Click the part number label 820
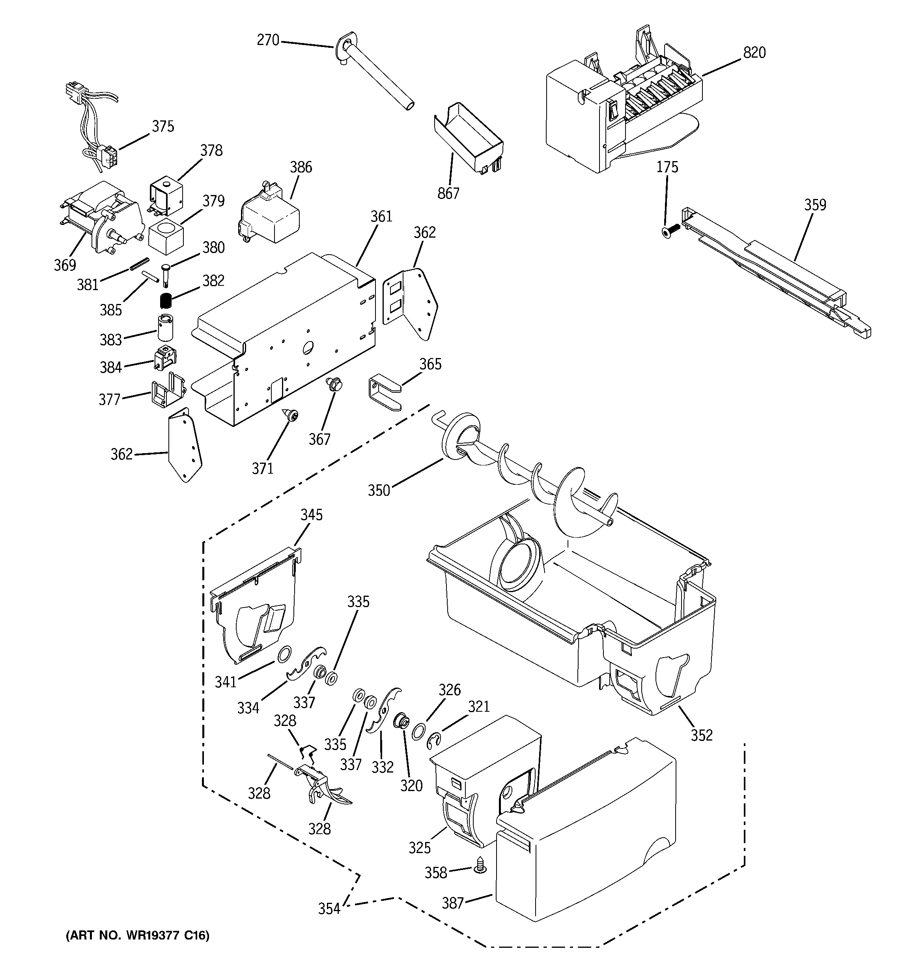[754, 53]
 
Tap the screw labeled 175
[669, 230]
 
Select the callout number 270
[268, 40]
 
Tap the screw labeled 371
[291, 416]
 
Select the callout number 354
[329, 909]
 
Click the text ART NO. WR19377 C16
[138, 935]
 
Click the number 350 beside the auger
[379, 490]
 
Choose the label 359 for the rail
[815, 205]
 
